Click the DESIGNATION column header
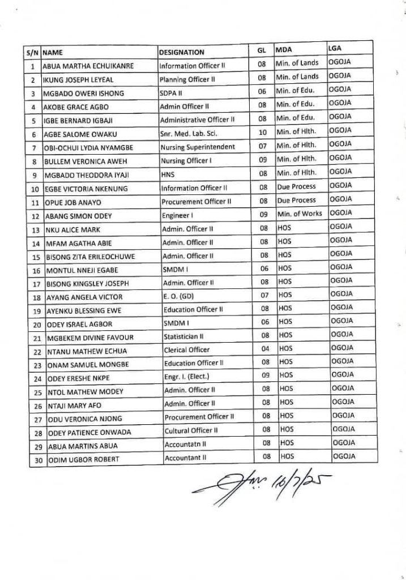[182, 52]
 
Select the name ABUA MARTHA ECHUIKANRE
[88, 66]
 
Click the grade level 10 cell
[262, 131]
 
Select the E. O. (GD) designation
[179, 296]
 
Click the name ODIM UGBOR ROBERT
[83, 460]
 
